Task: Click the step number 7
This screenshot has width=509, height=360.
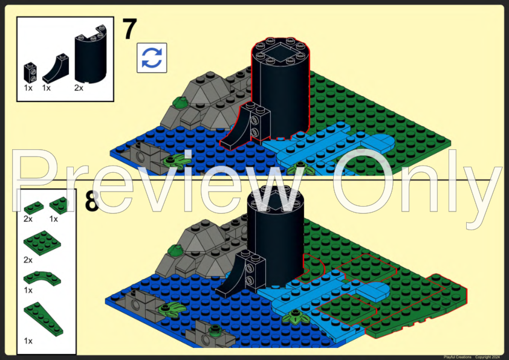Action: click(x=130, y=29)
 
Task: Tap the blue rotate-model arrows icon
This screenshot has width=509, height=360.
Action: click(x=152, y=58)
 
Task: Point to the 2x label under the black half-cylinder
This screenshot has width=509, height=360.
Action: click(x=79, y=88)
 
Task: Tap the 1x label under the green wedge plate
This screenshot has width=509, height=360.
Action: click(x=28, y=341)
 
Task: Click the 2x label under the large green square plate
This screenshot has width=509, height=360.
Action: click(x=28, y=260)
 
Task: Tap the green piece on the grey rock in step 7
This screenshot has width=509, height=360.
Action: click(x=180, y=101)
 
